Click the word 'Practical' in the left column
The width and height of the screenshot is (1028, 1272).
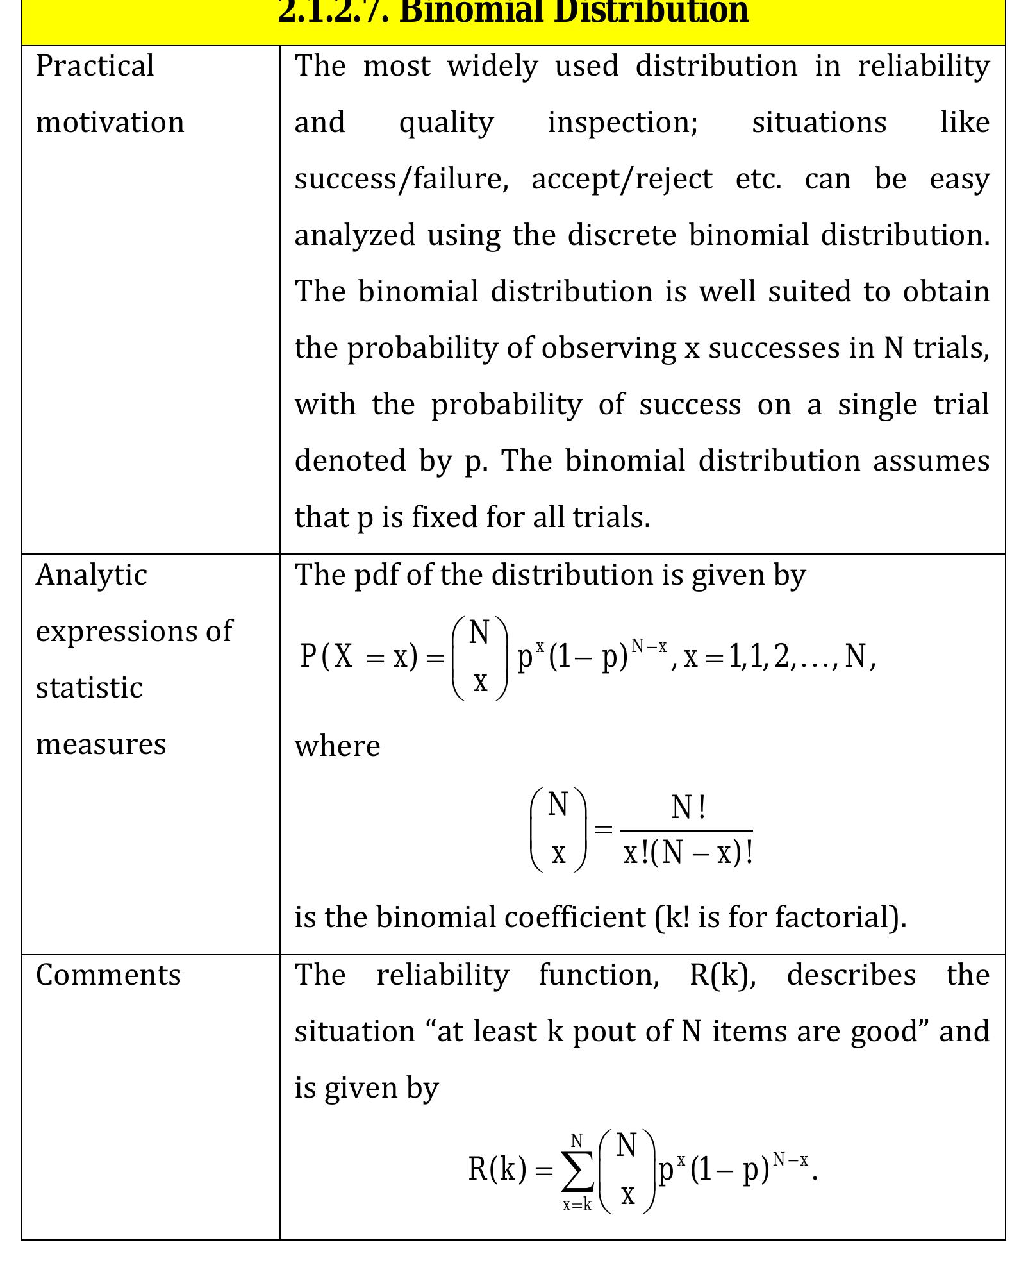tap(95, 66)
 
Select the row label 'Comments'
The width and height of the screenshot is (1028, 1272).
tap(108, 975)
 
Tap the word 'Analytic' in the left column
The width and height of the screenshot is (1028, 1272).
tap(92, 575)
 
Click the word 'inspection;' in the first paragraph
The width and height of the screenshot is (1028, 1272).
tap(622, 122)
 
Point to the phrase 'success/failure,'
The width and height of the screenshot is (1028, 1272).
tap(401, 179)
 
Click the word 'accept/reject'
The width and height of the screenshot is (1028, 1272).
tap(622, 179)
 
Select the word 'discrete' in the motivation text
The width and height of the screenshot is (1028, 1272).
tap(622, 235)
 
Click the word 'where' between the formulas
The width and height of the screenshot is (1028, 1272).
tap(337, 746)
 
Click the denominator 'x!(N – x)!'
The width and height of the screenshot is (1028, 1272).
tap(688, 853)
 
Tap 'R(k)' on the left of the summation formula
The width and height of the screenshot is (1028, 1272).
tap(497, 1169)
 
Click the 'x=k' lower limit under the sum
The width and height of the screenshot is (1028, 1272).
tap(577, 1205)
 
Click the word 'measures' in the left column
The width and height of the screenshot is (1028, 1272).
tap(101, 744)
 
